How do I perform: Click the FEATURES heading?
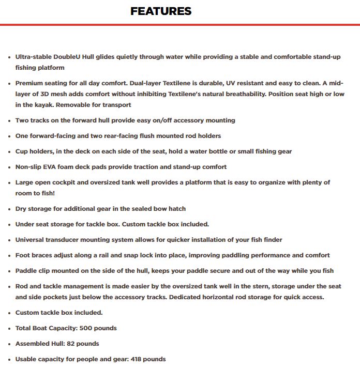point(161,11)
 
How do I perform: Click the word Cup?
point(22,151)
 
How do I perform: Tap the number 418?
point(128,359)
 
